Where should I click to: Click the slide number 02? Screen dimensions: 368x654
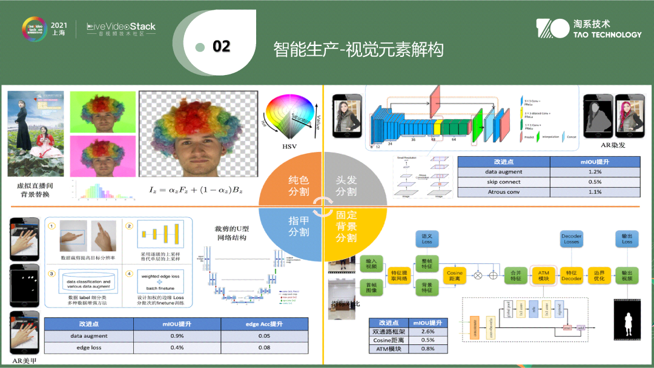pyautogui.click(x=222, y=47)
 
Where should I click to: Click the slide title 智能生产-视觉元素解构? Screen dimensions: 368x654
pyautogui.click(x=358, y=49)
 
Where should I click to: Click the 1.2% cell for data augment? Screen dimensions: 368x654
pyautogui.click(x=594, y=172)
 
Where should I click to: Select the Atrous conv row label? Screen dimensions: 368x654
pyautogui.click(x=503, y=192)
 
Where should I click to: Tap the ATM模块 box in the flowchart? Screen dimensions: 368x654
pyautogui.click(x=543, y=276)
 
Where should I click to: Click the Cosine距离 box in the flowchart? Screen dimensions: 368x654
pyautogui.click(x=455, y=276)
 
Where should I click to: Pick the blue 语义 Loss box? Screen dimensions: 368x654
pyautogui.click(x=427, y=239)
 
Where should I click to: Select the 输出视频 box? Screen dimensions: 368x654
pyautogui.click(x=627, y=276)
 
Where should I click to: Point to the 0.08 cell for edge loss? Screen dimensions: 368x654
pyautogui.click(x=264, y=347)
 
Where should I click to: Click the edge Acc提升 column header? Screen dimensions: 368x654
pyautogui.click(x=264, y=324)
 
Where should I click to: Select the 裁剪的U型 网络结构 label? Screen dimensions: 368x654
pyautogui.click(x=231, y=233)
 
